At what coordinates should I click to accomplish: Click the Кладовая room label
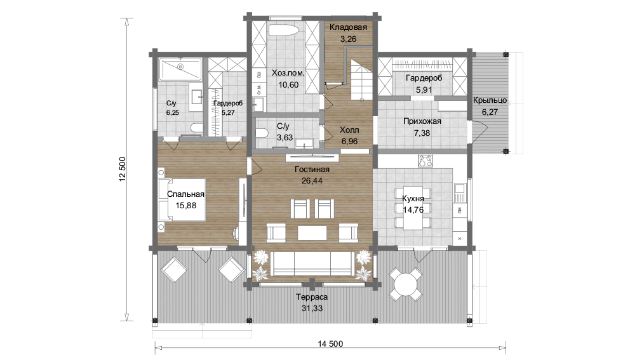pyautogui.click(x=348, y=27)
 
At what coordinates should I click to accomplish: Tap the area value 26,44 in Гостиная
pyautogui.click(x=312, y=181)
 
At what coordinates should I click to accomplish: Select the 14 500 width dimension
pyautogui.click(x=330, y=344)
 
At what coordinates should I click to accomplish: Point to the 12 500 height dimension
pyautogui.click(x=123, y=169)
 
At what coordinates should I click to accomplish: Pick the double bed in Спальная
pyautogui.click(x=182, y=200)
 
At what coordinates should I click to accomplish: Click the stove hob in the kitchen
pyautogui.click(x=426, y=160)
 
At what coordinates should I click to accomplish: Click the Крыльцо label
pyautogui.click(x=490, y=100)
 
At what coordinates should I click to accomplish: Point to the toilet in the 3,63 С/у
pyautogui.click(x=262, y=133)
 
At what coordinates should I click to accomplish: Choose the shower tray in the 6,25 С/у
pyautogui.click(x=180, y=69)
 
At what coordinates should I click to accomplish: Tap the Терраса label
pyautogui.click(x=312, y=297)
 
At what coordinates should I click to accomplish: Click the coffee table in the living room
pyautogui.click(x=312, y=232)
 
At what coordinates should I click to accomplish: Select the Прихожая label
pyautogui.click(x=422, y=121)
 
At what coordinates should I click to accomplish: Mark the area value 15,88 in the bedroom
pyautogui.click(x=186, y=205)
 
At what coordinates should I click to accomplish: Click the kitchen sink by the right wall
pyautogui.click(x=460, y=192)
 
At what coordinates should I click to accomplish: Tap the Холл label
pyautogui.click(x=349, y=130)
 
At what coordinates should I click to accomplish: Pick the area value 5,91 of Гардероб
pyautogui.click(x=424, y=90)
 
